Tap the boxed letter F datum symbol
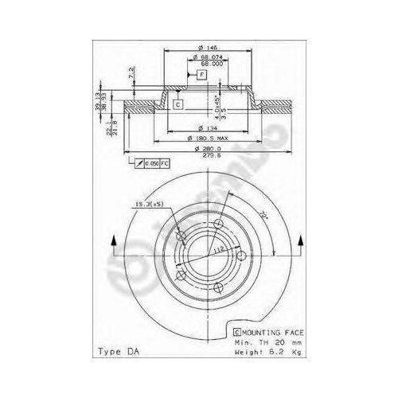tap(202, 75)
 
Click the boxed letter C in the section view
tap(178, 104)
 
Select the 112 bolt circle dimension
tap(213, 248)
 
